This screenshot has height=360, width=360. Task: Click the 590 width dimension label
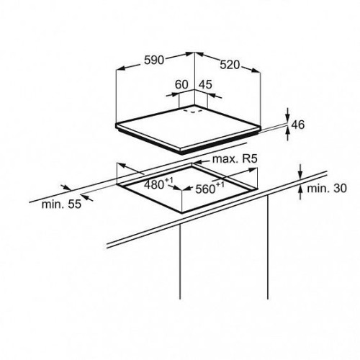click(154, 60)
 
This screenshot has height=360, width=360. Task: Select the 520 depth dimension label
click(230, 65)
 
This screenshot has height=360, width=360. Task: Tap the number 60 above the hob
click(181, 84)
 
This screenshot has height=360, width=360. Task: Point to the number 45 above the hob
click(206, 84)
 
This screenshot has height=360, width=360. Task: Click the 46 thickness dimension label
click(298, 125)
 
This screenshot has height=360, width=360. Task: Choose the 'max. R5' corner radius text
click(235, 158)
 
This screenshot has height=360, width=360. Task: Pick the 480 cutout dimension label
click(153, 185)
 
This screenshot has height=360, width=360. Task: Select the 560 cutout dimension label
click(205, 189)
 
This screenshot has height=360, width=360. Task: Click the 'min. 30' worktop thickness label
click(327, 189)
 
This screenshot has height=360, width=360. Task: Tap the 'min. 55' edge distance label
click(61, 204)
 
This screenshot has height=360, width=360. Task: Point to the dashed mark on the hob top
click(193, 112)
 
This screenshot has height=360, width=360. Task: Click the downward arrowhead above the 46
click(288, 118)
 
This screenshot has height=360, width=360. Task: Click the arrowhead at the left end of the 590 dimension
click(120, 68)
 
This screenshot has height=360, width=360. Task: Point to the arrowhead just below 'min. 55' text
click(88, 198)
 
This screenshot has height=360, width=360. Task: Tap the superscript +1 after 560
click(220, 184)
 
